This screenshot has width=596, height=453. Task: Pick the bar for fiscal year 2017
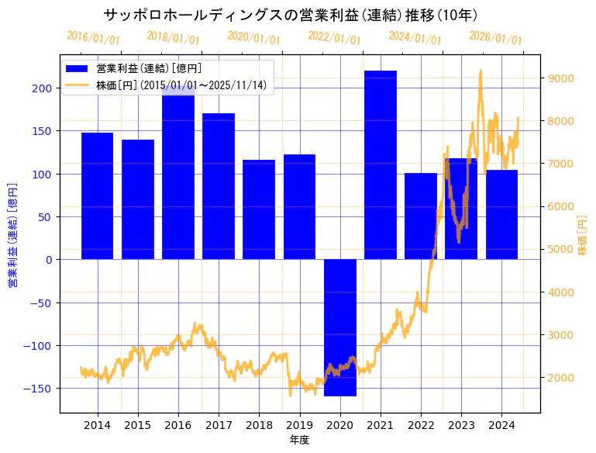pos(219,186)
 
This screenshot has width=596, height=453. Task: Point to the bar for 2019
pos(299,206)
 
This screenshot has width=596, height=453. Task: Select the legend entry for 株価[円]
pos(181,86)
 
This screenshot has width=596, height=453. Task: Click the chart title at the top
pos(290,16)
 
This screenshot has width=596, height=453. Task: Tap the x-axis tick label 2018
pos(259,425)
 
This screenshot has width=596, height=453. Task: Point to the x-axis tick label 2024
pos(501,425)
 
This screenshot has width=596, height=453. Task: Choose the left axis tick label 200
pos(43,88)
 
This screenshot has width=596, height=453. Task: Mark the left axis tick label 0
pos(48,260)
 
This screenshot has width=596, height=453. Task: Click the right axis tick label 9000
pos(560,78)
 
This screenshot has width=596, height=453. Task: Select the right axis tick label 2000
pos(560,378)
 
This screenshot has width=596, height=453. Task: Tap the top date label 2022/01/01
pos(334,38)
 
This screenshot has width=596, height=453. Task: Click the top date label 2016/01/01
pos(93,38)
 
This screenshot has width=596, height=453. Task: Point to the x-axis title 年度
pos(299,440)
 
